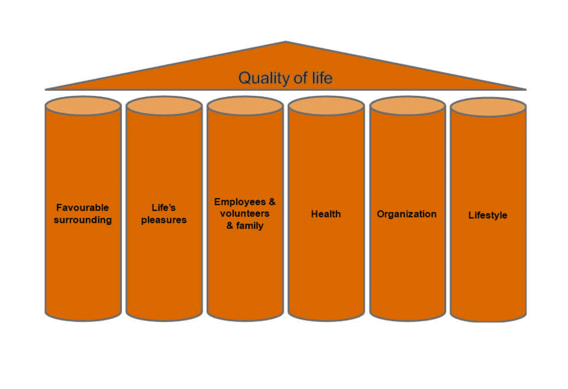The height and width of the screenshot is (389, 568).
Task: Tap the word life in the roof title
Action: click(322, 77)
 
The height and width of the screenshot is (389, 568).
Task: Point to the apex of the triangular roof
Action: click(286, 41)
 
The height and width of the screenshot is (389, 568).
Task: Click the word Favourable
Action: click(82, 207)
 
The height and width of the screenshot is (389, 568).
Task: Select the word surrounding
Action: click(83, 220)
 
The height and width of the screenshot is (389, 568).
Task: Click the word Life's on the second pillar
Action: click(164, 207)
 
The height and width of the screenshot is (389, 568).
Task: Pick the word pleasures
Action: click(164, 220)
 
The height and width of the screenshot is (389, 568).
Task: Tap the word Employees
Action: click(240, 202)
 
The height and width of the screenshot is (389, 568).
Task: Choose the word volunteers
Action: click(245, 213)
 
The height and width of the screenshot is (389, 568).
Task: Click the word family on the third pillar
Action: click(250, 226)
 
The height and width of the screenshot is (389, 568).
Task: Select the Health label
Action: click(326, 214)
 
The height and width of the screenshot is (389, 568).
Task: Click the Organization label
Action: click(407, 214)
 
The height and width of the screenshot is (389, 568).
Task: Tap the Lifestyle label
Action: click(487, 215)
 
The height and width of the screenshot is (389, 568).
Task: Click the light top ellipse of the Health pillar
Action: click(326, 106)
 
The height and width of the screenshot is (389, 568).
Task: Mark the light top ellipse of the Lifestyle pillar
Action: click(488, 107)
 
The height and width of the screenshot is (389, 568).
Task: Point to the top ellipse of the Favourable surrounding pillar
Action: click(83, 106)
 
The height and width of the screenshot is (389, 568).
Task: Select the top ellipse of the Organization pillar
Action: click(408, 106)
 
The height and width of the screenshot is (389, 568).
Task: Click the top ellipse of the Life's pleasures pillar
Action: click(164, 106)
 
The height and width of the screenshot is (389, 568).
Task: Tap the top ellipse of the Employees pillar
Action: click(245, 106)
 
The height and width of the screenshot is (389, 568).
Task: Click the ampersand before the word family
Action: click(230, 225)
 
